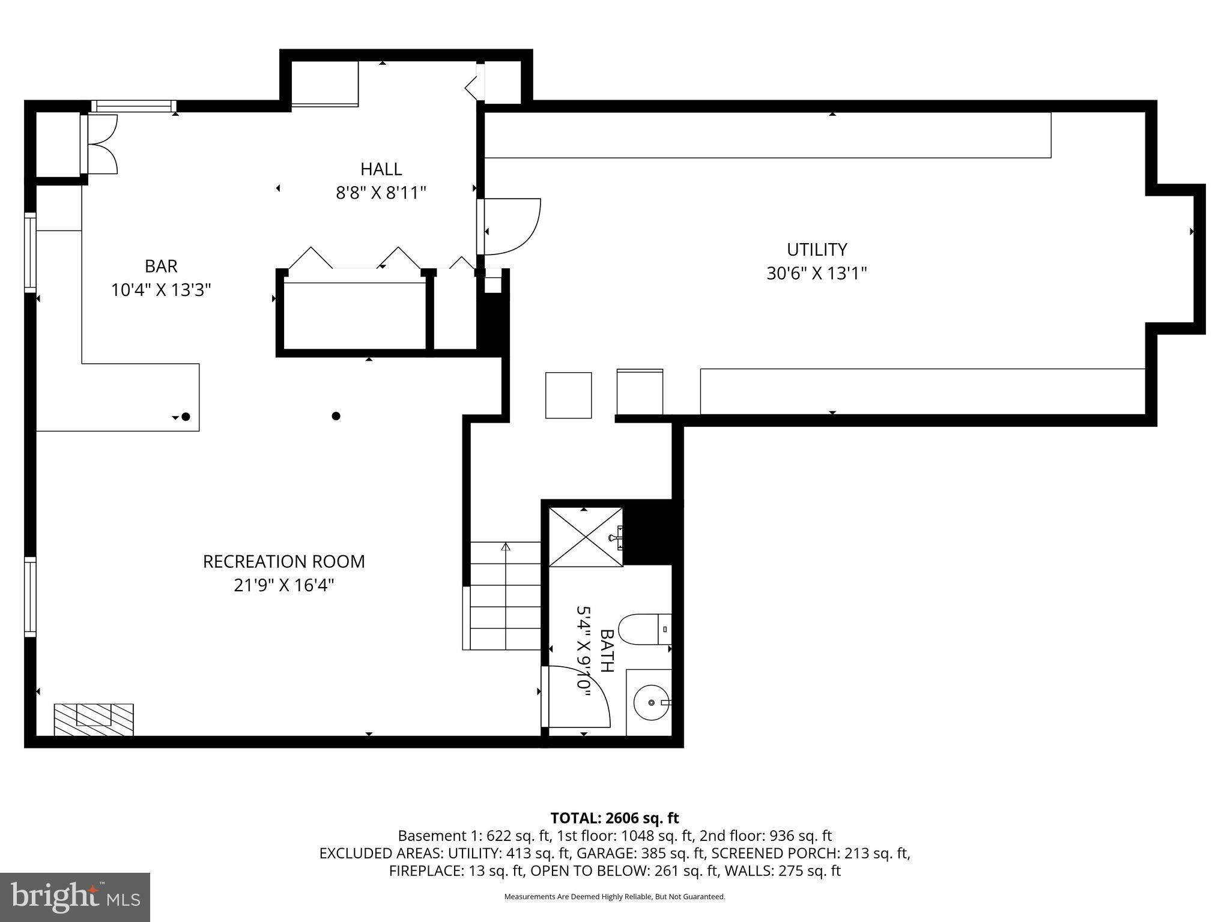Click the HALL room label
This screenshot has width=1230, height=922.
coord(381,169)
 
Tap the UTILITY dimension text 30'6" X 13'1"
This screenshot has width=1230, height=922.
coord(816,274)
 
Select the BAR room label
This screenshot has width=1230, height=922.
coord(161,266)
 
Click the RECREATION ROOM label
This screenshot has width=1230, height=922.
coord(283,562)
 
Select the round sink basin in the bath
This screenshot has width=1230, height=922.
coord(651,702)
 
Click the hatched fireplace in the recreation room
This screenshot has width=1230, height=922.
coord(94,719)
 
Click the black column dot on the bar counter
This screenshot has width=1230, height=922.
coord(186,417)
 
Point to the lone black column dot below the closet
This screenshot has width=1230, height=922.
coord(336,416)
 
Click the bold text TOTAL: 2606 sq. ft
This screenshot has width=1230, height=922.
coord(614,818)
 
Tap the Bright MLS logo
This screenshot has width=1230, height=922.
coord(75,897)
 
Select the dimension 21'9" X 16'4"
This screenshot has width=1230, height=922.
coord(283,585)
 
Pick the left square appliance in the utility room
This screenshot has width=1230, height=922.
coord(568,395)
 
